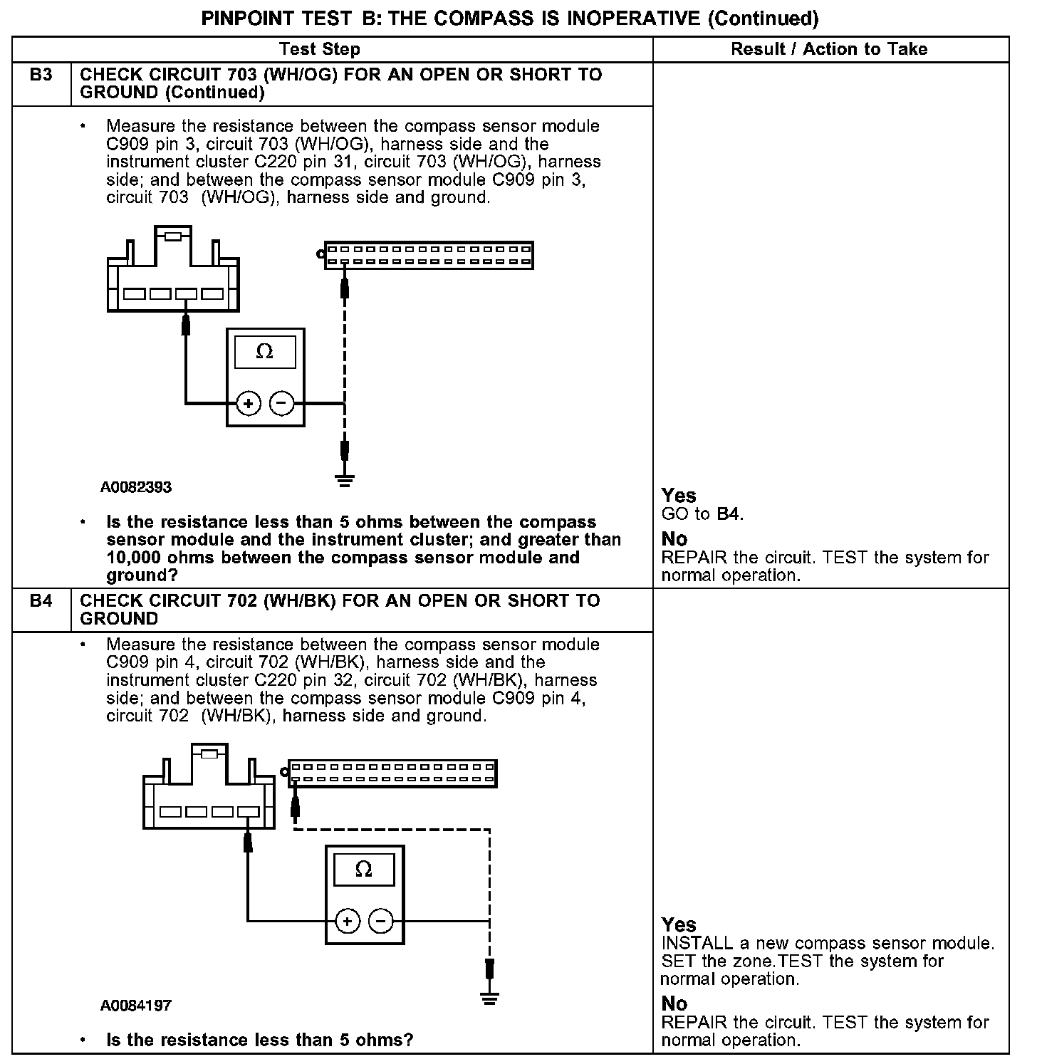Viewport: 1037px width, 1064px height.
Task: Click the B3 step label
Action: click(41, 75)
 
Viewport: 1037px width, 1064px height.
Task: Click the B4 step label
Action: click(41, 601)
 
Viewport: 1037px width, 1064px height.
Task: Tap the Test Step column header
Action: click(319, 49)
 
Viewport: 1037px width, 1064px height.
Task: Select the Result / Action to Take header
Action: click(829, 49)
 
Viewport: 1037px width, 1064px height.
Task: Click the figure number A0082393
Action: click(136, 488)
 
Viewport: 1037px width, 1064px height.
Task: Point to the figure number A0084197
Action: click(136, 1006)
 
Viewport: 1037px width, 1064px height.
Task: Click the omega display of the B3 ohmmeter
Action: click(265, 352)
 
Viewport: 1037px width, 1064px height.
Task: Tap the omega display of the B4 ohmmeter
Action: click(364, 870)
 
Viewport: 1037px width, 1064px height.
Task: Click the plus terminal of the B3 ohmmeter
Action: click(249, 405)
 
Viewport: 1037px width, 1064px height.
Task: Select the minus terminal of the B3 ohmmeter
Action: click(282, 405)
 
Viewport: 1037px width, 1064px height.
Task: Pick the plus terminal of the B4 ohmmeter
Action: click(348, 922)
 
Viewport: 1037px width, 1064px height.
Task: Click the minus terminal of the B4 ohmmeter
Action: click(381, 922)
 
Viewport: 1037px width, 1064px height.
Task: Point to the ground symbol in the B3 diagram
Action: click(345, 481)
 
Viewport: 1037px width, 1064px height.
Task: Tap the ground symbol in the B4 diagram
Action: click(489, 998)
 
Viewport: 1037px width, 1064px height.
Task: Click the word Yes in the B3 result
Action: click(679, 496)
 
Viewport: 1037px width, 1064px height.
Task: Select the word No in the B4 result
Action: click(674, 1003)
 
